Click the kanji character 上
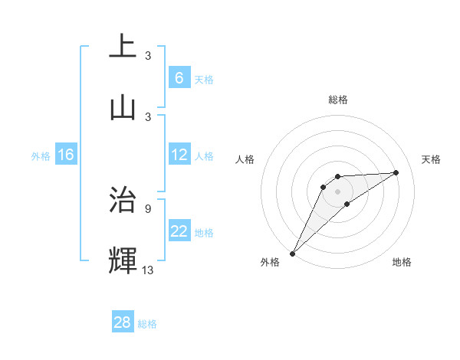point(123,46)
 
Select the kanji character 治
point(123,198)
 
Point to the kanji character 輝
point(123,260)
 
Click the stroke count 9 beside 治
point(148,208)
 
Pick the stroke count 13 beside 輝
point(148,270)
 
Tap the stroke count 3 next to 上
point(148,55)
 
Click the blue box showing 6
point(179,77)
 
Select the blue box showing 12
point(179,154)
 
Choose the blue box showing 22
point(179,231)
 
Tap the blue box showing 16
point(65,155)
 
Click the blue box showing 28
point(122,322)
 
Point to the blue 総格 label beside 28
point(147,324)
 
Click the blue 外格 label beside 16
point(41,156)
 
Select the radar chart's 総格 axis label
point(338,100)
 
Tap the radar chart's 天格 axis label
point(432,159)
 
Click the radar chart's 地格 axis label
point(402,262)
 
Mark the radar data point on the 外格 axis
point(292,254)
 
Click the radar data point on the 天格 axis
point(396,172)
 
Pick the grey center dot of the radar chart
point(338,191)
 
